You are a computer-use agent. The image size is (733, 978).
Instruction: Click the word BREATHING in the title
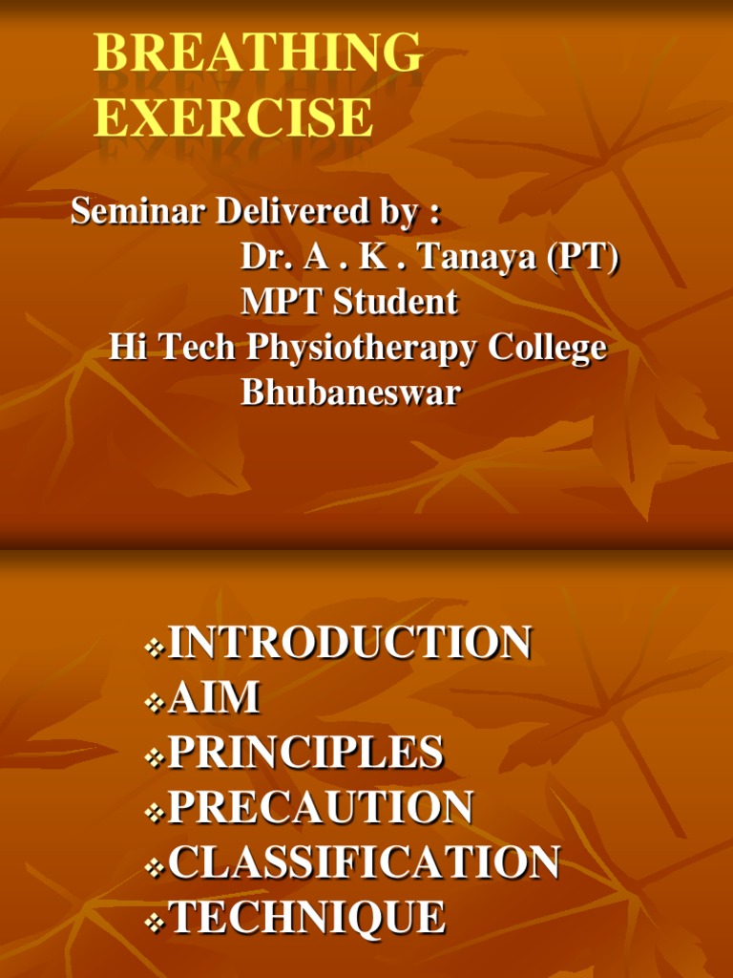click(x=258, y=53)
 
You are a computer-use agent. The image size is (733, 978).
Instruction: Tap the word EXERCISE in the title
click(x=234, y=117)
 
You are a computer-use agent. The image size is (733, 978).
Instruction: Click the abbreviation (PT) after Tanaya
click(x=583, y=256)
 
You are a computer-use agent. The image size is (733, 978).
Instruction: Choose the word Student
click(x=396, y=302)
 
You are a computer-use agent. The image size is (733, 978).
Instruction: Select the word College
click(x=547, y=348)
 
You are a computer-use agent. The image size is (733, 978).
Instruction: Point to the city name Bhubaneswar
click(x=350, y=393)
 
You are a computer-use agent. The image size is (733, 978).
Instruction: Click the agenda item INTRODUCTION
click(x=349, y=642)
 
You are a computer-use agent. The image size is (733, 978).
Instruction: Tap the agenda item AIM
click(x=214, y=696)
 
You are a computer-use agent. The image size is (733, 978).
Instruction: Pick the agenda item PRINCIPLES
click(x=306, y=752)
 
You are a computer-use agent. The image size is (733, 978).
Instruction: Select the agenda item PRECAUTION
click(x=321, y=806)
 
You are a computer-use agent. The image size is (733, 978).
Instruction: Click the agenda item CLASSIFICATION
click(x=364, y=861)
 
